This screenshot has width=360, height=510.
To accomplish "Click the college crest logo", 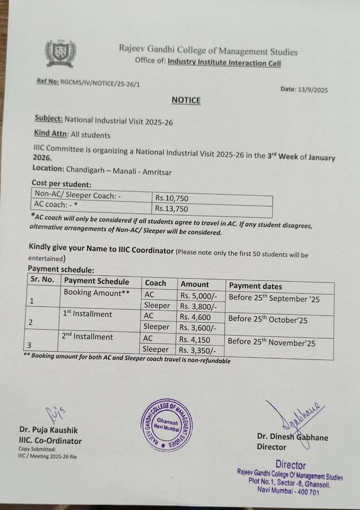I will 60,53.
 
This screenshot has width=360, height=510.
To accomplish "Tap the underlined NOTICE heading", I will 186,100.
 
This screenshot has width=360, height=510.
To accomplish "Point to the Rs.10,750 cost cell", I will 172,198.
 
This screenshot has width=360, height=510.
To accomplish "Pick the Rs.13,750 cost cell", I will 172,208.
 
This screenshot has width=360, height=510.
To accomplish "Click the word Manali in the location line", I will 126,172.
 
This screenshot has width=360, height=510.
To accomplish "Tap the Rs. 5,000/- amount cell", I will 198,296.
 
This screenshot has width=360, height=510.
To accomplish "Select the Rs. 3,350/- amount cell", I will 198,350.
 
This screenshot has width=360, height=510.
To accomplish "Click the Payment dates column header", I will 256,286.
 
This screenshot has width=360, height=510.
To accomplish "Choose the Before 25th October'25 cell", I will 268,320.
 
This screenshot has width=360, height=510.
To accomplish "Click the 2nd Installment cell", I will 87,337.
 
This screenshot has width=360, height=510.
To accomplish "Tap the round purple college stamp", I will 167,425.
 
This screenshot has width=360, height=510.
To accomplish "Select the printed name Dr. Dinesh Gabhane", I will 293,437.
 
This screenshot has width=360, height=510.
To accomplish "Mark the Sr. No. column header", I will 42,280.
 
